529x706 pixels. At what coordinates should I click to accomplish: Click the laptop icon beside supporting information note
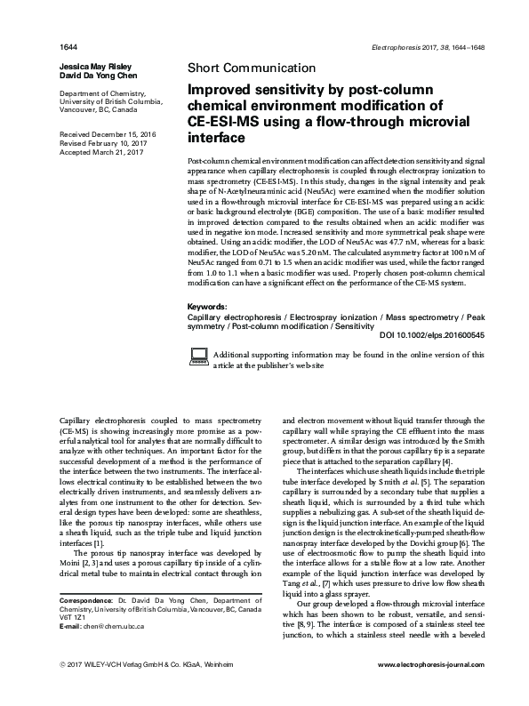tap(200, 357)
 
